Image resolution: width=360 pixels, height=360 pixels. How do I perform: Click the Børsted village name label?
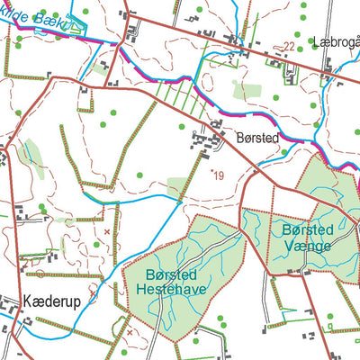[x=256, y=139]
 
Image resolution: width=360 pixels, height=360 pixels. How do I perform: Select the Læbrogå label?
[x=336, y=41]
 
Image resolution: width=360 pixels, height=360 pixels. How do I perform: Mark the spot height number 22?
[x=289, y=46]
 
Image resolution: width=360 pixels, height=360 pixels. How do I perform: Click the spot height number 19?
[x=219, y=176]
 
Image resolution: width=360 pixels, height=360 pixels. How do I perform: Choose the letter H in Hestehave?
[x=141, y=290]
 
